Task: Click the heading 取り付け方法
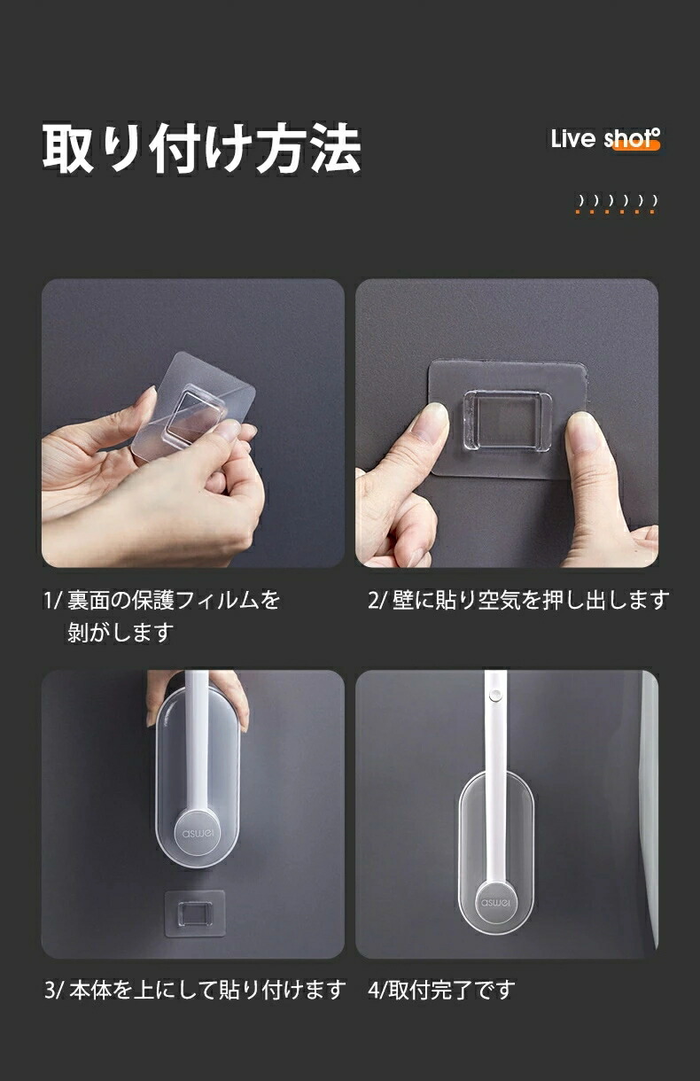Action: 202,148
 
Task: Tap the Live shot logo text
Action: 605,139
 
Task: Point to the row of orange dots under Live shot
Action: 616,212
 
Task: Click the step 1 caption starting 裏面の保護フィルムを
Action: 174,600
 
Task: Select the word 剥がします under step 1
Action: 121,632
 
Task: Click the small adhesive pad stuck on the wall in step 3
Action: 195,914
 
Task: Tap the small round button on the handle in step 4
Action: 494,696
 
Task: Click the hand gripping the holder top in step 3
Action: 197,700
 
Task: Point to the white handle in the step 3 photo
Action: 197,747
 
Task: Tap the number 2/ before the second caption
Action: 377,601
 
